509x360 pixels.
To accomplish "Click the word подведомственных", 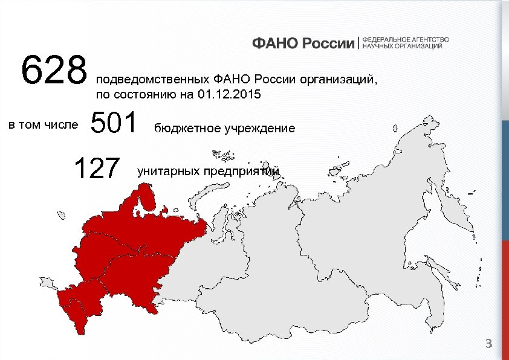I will pos(151,79).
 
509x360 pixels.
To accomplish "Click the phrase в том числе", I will pos(43,124).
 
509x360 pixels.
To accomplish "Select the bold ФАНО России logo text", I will pos(303,43).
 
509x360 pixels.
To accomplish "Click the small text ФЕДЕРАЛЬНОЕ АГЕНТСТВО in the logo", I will pos(405,39).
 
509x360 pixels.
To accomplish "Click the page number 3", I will pos(490,344).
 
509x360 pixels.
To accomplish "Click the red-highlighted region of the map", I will pos(133,254).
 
